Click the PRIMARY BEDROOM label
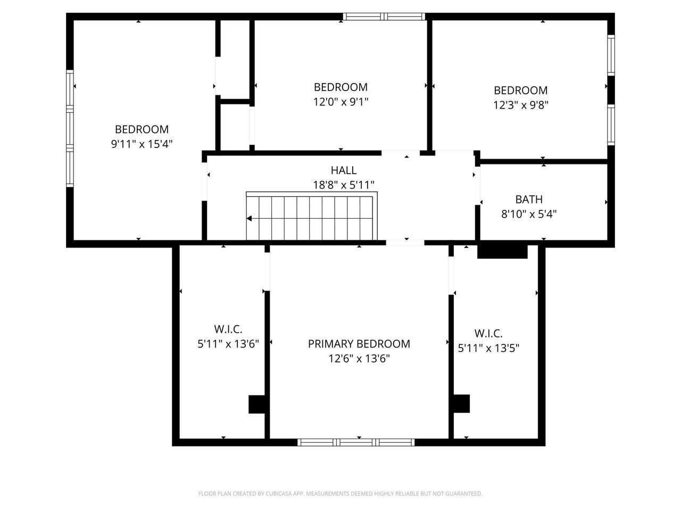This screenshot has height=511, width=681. (x=359, y=344)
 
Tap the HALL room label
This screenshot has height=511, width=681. (x=344, y=170)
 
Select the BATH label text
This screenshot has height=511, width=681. (x=529, y=200)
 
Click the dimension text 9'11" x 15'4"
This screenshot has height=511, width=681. (x=142, y=144)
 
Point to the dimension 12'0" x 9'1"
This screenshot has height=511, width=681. (x=340, y=102)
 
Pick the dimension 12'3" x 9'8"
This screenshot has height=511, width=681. (x=520, y=105)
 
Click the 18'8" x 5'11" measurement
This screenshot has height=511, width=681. (x=344, y=185)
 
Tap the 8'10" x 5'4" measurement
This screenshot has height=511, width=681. (x=529, y=214)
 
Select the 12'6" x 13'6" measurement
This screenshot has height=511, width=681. (x=359, y=358)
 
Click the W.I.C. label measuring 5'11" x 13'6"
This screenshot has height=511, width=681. (x=228, y=329)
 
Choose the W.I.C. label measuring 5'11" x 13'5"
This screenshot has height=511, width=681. (x=488, y=334)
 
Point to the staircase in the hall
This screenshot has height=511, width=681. (x=311, y=217)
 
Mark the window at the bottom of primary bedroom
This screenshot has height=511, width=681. (x=356, y=442)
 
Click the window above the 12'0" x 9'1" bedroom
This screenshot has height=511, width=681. (x=385, y=17)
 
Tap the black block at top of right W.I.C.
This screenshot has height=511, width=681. (x=502, y=251)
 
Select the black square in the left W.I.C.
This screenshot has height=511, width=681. (x=257, y=404)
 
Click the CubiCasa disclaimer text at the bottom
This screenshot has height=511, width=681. (x=340, y=494)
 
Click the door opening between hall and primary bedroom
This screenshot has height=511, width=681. (x=405, y=243)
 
